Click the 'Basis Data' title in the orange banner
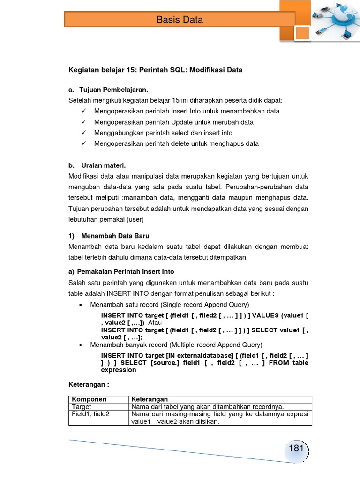point(180,20)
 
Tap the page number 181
point(296,449)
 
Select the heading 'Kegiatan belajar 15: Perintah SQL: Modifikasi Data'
point(156,70)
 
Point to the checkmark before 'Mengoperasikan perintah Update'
point(84,122)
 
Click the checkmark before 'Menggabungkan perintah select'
point(84,133)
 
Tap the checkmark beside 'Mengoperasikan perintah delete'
point(84,143)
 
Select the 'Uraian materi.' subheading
point(104,165)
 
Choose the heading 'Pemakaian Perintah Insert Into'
point(125,271)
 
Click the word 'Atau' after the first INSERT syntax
point(155,323)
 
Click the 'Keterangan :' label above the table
point(89,385)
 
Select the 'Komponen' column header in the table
point(89,399)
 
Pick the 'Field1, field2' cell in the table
point(90,414)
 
